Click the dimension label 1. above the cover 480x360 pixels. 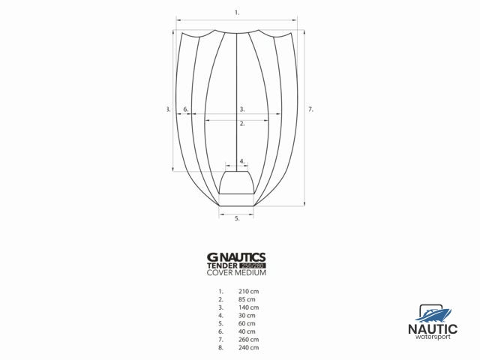pos(237,13)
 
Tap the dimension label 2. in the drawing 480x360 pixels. pos(241,124)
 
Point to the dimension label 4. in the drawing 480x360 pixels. pos(241,161)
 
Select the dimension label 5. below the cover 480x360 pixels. pos(237,218)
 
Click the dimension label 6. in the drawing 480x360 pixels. pos(186,109)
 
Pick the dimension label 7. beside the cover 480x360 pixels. pos(310,109)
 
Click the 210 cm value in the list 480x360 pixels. pos(248,291)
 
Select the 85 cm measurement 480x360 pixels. pos(247,299)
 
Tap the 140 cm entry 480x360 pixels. pos(248,307)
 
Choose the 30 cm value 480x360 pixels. pos(247,316)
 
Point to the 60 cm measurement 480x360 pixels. pos(247,323)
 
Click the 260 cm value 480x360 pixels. pos(248,340)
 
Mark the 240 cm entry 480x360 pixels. pos(248,348)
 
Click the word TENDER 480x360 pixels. pos(223,265)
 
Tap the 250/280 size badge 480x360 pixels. pos(253,265)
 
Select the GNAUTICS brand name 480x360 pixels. pos(236,256)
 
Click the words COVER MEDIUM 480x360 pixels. pos(236,272)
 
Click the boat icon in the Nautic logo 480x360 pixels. pos(431,312)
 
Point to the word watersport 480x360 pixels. pos(432,336)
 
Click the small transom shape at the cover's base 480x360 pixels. pos(237,183)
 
